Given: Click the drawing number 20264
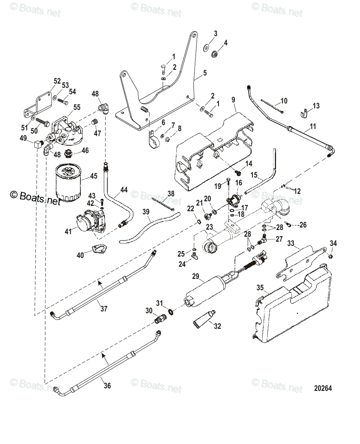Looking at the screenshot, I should (x=323, y=388).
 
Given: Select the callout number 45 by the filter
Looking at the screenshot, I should (x=94, y=176).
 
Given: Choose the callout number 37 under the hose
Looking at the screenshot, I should (x=104, y=308).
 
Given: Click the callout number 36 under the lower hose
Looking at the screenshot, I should (x=107, y=386).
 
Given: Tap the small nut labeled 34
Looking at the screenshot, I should (x=331, y=255).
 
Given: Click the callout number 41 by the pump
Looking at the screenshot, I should (x=68, y=232).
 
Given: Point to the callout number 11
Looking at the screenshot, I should (x=313, y=127).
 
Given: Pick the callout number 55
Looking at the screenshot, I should (x=77, y=107).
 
